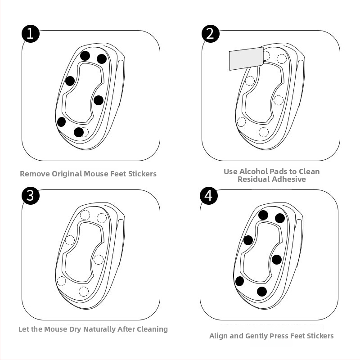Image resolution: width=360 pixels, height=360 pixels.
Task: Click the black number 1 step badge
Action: (x=31, y=34)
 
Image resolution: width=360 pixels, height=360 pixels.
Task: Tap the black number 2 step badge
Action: (x=211, y=34)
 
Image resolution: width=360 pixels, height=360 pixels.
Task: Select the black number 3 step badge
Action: (x=31, y=196)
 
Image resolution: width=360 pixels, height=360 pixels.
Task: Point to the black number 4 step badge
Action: (x=209, y=196)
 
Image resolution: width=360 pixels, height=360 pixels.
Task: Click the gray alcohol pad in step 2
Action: (x=246, y=58)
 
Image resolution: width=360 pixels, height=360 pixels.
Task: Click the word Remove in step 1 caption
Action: (x=35, y=174)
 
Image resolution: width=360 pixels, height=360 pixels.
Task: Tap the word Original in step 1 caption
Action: (x=67, y=174)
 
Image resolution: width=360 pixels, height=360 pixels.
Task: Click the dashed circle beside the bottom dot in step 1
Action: (x=85, y=132)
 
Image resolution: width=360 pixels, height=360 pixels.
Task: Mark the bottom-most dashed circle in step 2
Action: (x=264, y=132)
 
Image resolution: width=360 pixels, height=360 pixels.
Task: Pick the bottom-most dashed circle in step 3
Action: (x=84, y=292)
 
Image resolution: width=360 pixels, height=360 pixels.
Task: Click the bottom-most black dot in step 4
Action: (x=262, y=292)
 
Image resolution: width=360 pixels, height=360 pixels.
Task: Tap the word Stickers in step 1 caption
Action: (x=142, y=174)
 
